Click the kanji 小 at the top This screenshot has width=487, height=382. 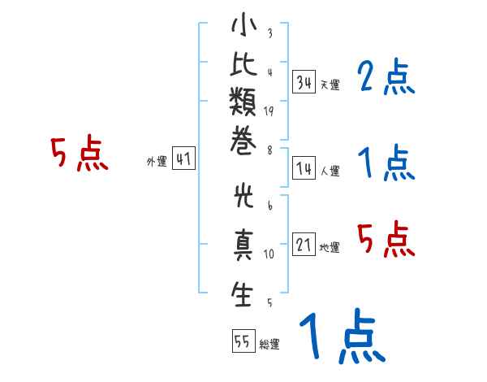click(x=243, y=24)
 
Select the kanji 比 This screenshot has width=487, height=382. click(x=243, y=64)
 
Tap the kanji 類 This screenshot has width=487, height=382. click(x=243, y=101)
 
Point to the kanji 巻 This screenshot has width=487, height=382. click(x=243, y=140)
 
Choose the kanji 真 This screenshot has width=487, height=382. click(x=243, y=245)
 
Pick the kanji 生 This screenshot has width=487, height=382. click(x=242, y=293)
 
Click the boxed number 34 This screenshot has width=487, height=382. click(x=304, y=82)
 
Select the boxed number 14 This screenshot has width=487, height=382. click(x=304, y=168)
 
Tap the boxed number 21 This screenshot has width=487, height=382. click(x=304, y=244)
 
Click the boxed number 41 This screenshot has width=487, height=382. click(x=183, y=158)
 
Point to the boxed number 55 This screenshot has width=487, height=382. click(x=243, y=341)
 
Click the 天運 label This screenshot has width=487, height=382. click(x=330, y=85)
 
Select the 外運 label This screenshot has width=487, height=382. click(x=157, y=162)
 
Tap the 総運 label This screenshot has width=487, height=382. click(x=269, y=344)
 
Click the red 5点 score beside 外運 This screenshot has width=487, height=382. click(x=80, y=153)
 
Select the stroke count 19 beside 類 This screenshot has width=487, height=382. click(x=269, y=111)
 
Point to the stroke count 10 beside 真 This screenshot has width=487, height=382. click(x=269, y=254)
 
